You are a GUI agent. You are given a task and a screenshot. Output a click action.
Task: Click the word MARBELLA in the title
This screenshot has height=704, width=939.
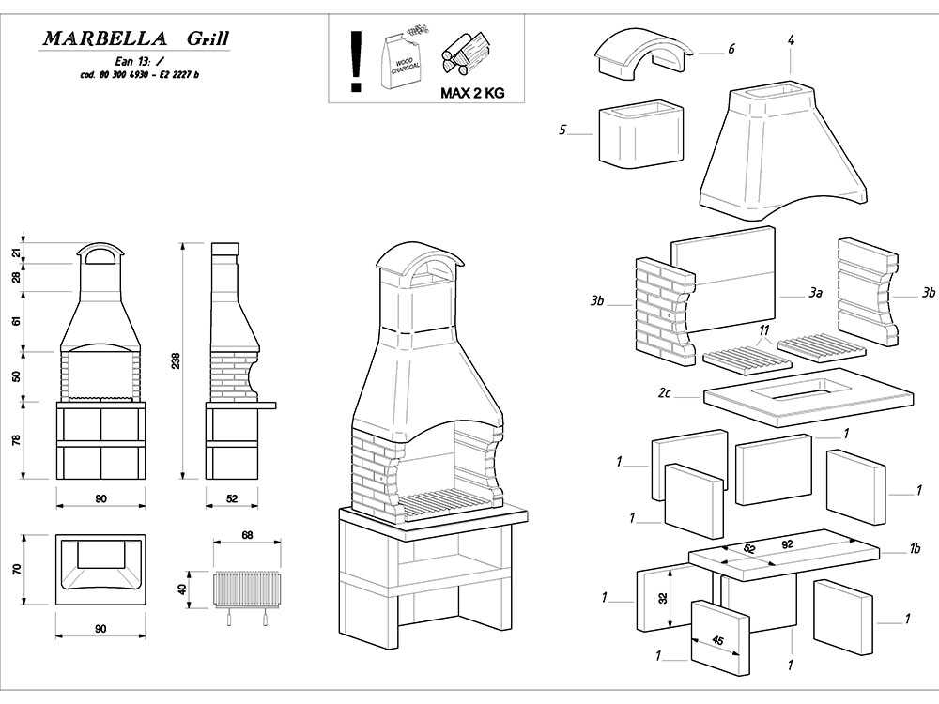(105, 38)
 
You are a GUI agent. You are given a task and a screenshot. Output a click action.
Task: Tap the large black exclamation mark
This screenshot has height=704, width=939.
(356, 62)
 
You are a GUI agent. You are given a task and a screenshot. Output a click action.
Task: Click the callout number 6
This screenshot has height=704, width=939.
(731, 49)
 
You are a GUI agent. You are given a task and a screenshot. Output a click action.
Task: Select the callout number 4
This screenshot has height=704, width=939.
(792, 40)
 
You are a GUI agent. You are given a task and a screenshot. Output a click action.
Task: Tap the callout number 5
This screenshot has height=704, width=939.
(563, 130)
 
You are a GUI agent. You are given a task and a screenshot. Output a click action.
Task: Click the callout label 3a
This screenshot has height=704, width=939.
(815, 294)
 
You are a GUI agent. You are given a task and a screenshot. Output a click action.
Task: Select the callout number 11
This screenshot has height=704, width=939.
(764, 329)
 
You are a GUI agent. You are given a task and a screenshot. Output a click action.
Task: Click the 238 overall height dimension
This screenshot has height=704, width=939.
(186, 361)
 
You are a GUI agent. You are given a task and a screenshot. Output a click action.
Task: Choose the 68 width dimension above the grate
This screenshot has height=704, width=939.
(247, 535)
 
